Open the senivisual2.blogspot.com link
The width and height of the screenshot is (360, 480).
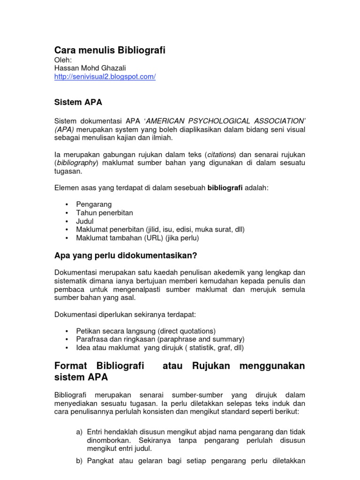pos(105,77)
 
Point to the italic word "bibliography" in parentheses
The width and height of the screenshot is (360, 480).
pos(76,163)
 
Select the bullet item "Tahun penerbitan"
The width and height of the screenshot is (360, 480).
pos(105,213)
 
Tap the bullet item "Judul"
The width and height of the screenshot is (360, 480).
pos(85,221)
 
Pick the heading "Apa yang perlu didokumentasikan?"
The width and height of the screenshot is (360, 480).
pos(126,255)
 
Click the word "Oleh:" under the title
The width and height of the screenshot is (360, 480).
pos(64,60)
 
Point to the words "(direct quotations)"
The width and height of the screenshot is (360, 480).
pos(185,330)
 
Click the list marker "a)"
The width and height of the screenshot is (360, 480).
pos(79,431)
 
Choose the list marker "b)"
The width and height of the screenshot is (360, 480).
pos(79,460)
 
